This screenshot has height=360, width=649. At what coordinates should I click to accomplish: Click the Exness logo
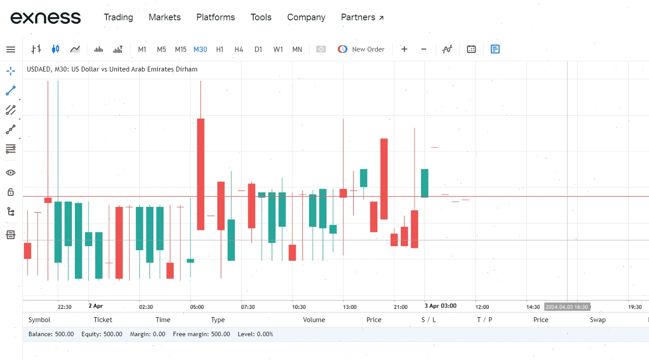pos(45,18)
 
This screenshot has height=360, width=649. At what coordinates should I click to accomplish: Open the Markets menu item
pos(164,17)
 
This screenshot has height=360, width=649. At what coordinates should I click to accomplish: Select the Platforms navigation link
pos(216,17)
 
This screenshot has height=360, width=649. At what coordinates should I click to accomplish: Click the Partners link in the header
pos(362,17)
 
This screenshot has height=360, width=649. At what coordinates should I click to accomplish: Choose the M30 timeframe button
pos(200,49)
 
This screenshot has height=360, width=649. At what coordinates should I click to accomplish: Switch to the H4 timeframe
pos(239,49)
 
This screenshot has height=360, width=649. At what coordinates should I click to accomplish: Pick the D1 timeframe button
pos(258,49)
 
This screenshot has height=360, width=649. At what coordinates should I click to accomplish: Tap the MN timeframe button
pos(297,49)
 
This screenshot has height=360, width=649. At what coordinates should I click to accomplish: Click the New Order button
pos(361,49)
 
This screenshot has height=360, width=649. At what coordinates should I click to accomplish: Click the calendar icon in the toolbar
pos(471,49)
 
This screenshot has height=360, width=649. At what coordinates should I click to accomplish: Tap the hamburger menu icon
pos(11,49)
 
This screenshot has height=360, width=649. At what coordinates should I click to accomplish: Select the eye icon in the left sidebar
pos(11,173)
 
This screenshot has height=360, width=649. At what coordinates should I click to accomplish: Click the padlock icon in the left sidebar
pos(11,192)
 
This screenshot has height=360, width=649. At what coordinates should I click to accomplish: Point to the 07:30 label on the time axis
pos(248,307)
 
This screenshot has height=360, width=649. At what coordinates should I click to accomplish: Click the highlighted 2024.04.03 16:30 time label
pos(567,307)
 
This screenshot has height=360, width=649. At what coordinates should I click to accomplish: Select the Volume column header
pos(314,320)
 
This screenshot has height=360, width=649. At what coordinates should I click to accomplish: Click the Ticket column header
pos(103,320)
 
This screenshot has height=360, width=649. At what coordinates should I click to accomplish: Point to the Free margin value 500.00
pos(220,334)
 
